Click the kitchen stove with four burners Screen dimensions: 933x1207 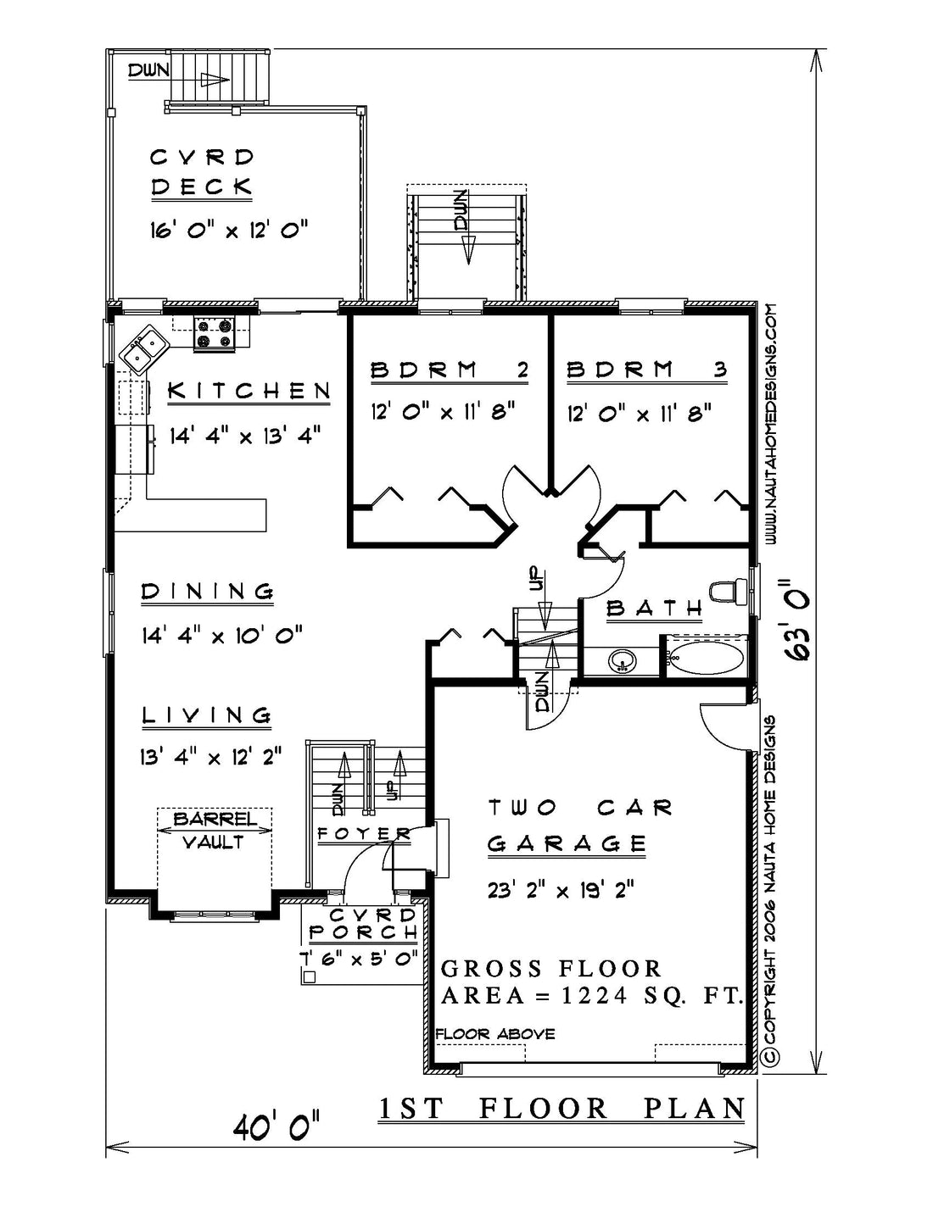[x=215, y=333]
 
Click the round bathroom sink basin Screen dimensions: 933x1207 [x=623, y=661]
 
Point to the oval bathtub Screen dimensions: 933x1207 [x=706, y=660]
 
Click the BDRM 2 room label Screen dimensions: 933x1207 [x=449, y=370]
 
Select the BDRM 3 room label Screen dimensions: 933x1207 [x=647, y=370]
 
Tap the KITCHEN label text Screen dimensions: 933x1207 [x=249, y=391]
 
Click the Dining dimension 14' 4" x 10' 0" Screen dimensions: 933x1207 [x=221, y=634]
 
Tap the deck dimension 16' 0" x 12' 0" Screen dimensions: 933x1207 [x=229, y=230]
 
